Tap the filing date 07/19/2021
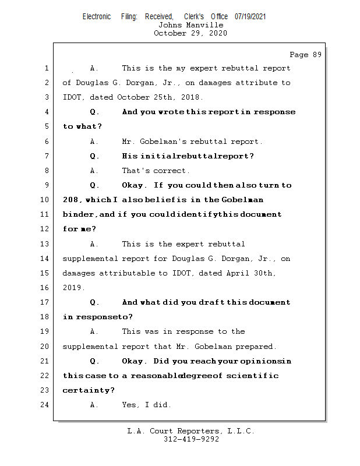tap(250, 16)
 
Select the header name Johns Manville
tap(190, 25)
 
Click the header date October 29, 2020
tap(190, 33)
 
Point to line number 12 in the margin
tap(45, 229)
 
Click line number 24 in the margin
tap(45, 405)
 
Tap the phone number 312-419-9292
tap(191, 439)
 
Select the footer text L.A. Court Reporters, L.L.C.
tap(191, 431)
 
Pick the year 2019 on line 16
tap(73, 288)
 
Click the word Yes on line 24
tap(130, 405)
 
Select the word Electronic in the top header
tap(97, 16)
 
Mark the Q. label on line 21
tap(94, 361)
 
